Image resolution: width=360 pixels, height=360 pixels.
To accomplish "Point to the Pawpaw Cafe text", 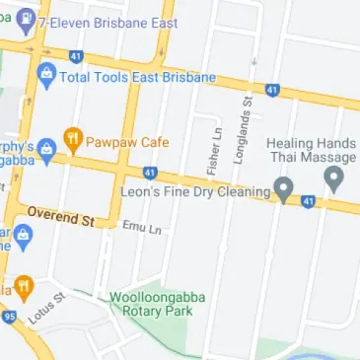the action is click(127, 141).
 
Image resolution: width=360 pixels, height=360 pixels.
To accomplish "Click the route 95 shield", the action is click(9, 317).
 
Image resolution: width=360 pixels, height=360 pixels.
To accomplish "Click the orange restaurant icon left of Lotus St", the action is click(22, 288).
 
